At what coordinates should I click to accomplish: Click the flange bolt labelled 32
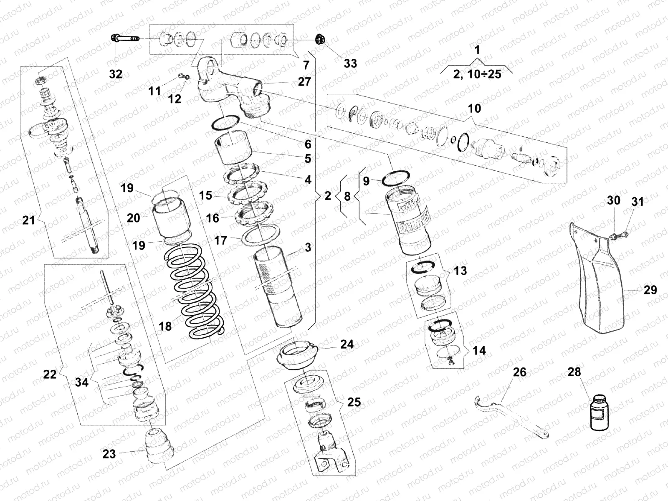[x=125, y=40]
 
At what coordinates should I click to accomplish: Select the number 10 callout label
[x=474, y=109]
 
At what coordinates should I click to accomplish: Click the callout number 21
[x=28, y=220]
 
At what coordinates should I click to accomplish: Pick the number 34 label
[x=82, y=382]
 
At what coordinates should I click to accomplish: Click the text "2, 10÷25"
[x=477, y=74]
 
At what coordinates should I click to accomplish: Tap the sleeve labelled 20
[x=172, y=223]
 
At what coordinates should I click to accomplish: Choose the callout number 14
[x=479, y=350]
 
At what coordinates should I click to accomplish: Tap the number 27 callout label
[x=304, y=81]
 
